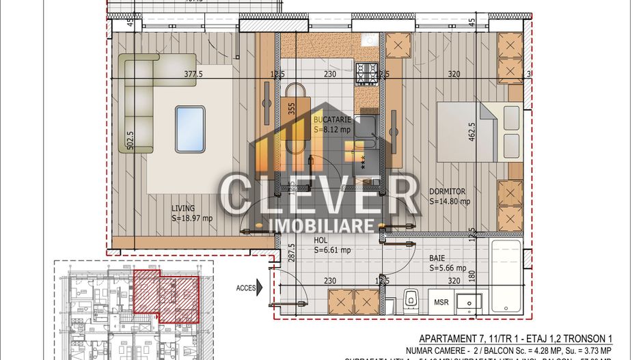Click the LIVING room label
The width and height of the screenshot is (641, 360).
[183, 208]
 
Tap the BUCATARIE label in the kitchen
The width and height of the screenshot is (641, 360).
[332, 119]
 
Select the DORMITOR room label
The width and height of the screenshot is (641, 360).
[447, 191]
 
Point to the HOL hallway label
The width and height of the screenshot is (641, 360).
[320, 240]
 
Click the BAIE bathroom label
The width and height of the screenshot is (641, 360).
[438, 258]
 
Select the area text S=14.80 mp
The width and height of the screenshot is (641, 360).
[450, 202]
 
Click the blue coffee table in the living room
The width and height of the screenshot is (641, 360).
[190, 129]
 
